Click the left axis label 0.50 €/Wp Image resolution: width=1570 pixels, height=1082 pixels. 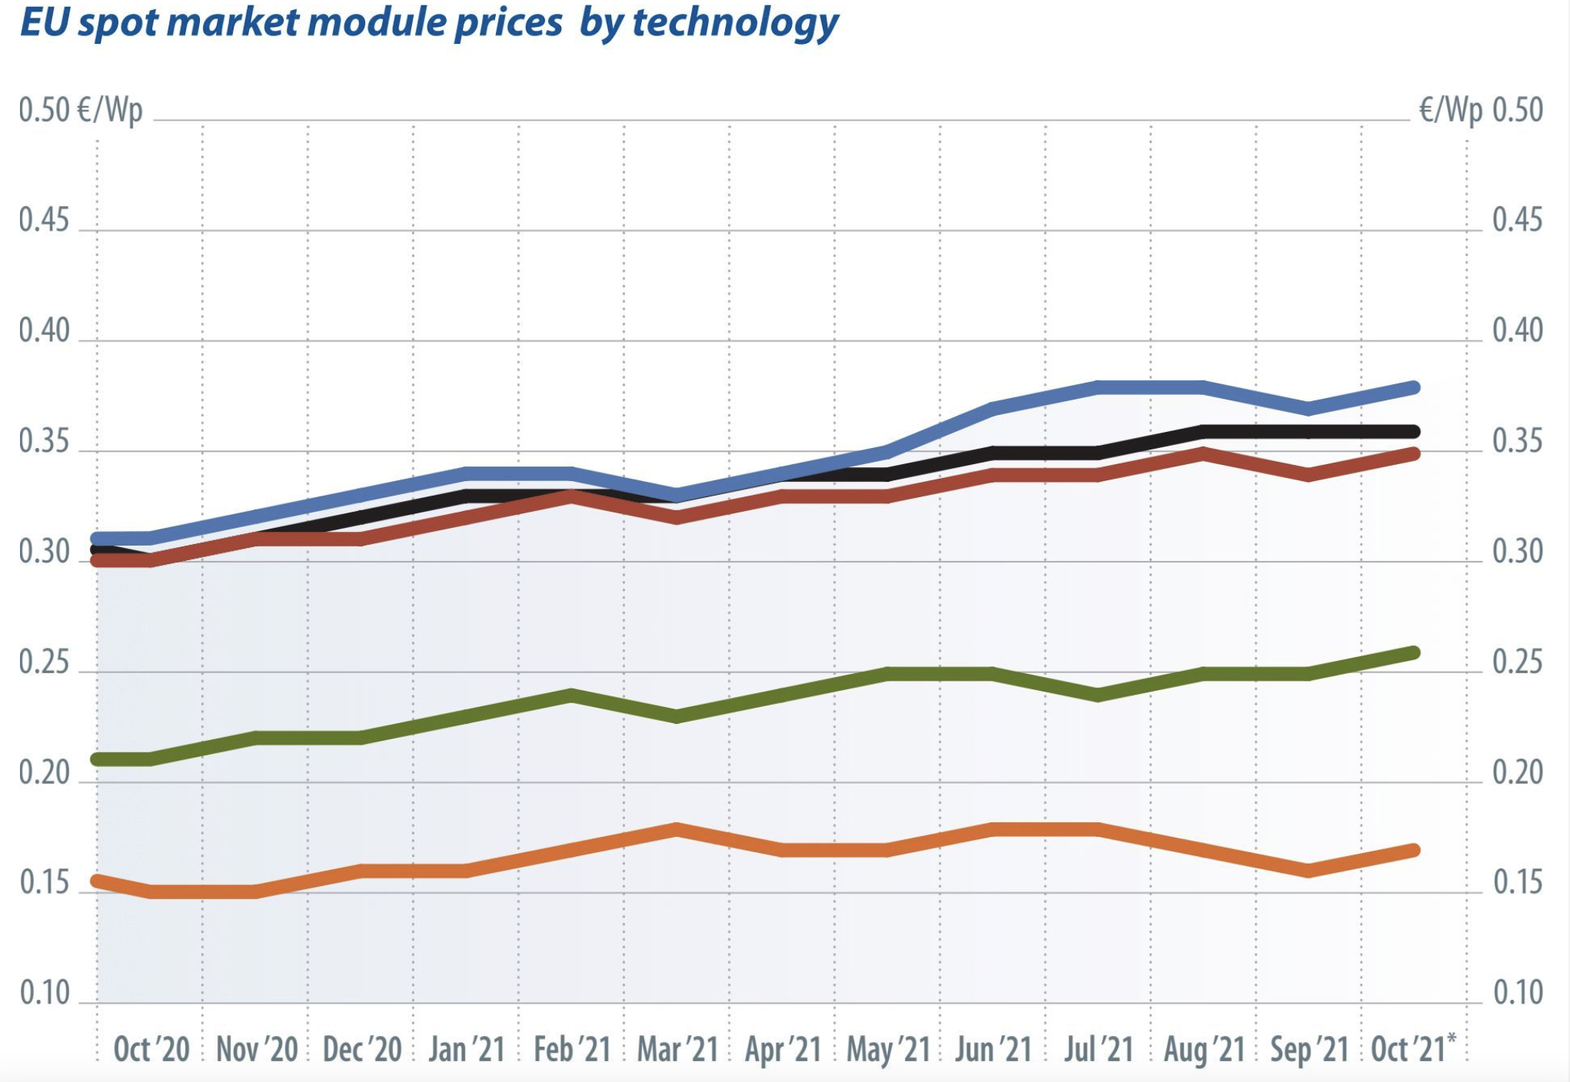pos(81,111)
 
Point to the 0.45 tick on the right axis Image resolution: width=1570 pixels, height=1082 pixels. pos(1517,221)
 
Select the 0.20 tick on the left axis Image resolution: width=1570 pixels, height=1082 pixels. pos(45,773)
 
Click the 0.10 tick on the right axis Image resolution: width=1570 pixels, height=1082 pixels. pos(1518,994)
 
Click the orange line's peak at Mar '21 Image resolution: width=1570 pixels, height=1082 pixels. pos(677,828)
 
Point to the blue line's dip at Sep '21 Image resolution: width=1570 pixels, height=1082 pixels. pos(1309,409)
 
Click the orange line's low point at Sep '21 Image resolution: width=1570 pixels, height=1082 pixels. pos(1309,871)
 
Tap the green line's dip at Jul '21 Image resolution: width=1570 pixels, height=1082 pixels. pos(1098,695)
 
